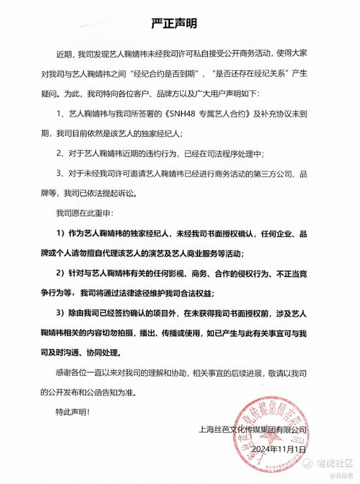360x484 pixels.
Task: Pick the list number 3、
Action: (x=61, y=174)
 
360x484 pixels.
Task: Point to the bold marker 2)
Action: (x=61, y=273)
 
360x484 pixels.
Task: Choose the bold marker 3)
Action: (x=61, y=313)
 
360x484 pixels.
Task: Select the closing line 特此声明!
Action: (x=71, y=412)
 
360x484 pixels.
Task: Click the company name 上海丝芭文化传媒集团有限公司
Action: (x=252, y=429)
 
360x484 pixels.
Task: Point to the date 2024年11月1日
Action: (x=278, y=449)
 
